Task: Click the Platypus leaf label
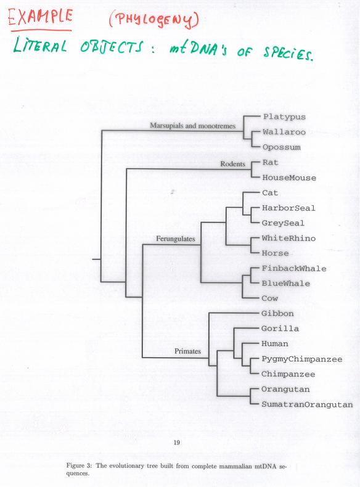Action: click(x=284, y=117)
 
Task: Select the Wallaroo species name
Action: click(x=284, y=132)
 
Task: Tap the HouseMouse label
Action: click(x=289, y=178)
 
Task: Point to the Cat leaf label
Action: click(x=269, y=193)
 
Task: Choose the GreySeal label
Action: click(x=283, y=223)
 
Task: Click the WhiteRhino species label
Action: click(x=288, y=238)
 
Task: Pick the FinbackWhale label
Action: click(x=294, y=268)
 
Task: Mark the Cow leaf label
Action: click(x=269, y=298)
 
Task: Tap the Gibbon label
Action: click(x=277, y=313)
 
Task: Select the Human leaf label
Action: click(x=274, y=344)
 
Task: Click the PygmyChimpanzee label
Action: click(x=301, y=359)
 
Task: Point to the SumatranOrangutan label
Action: click(x=307, y=404)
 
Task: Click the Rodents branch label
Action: click(x=232, y=164)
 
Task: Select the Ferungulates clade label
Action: click(x=176, y=239)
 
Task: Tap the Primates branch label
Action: click(x=187, y=351)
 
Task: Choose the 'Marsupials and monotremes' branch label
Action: click(x=192, y=126)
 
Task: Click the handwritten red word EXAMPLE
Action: click(x=41, y=18)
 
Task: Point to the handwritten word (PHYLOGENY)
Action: click(x=153, y=20)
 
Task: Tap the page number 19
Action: click(x=176, y=442)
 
